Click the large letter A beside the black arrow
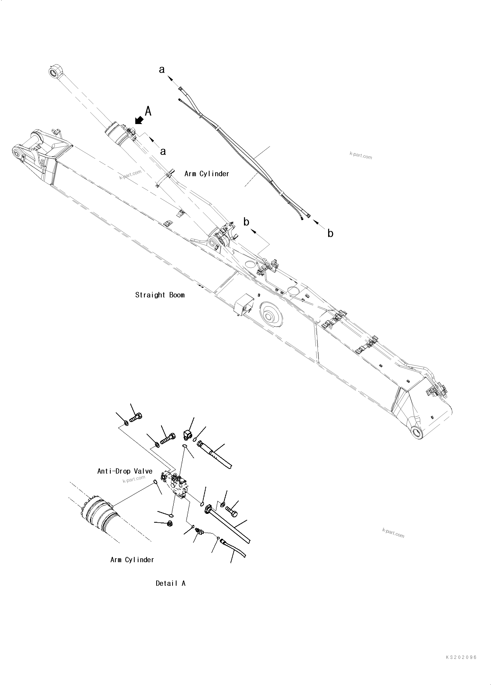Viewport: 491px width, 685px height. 148,111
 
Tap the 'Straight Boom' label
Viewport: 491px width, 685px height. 160,295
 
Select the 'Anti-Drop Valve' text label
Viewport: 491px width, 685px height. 125,471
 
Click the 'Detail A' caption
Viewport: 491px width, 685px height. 170,584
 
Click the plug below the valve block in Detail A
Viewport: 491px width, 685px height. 170,524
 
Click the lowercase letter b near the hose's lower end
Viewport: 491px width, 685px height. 330,234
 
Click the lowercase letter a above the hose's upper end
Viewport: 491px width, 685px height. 162,70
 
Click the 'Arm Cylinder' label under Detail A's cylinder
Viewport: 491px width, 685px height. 132,560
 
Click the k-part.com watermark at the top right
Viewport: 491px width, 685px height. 361,155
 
